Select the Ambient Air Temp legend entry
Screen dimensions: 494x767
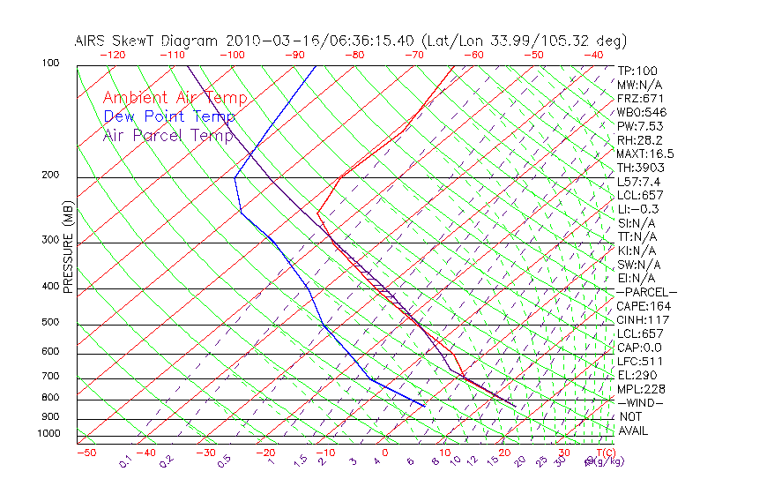pyautogui.click(x=175, y=98)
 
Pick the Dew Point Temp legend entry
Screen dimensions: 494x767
pyautogui.click(x=169, y=116)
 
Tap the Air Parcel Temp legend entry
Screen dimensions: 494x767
pyautogui.click(x=168, y=135)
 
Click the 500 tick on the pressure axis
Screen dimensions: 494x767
pyautogui.click(x=51, y=323)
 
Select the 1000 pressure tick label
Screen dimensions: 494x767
pyautogui.click(x=48, y=433)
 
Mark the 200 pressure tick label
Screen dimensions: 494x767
pyautogui.click(x=51, y=175)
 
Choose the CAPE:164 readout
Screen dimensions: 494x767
pyautogui.click(x=643, y=306)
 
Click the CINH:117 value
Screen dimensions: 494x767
pyautogui.click(x=643, y=320)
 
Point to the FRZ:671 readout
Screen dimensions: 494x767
pyautogui.click(x=640, y=99)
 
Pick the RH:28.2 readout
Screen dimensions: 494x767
pyautogui.click(x=640, y=140)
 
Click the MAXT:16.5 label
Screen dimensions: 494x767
pyautogui.click(x=645, y=153)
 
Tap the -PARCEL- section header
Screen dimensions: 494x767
pyautogui.click(x=646, y=292)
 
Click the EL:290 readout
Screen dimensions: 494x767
pyautogui.click(x=637, y=375)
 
